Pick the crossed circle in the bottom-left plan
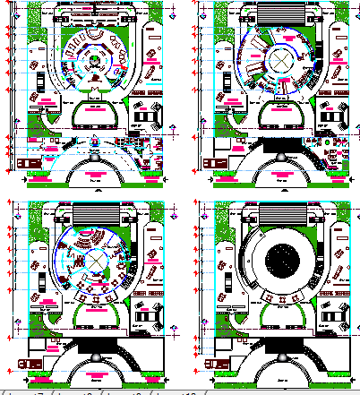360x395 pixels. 92,259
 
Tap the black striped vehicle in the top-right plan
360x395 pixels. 218,162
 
